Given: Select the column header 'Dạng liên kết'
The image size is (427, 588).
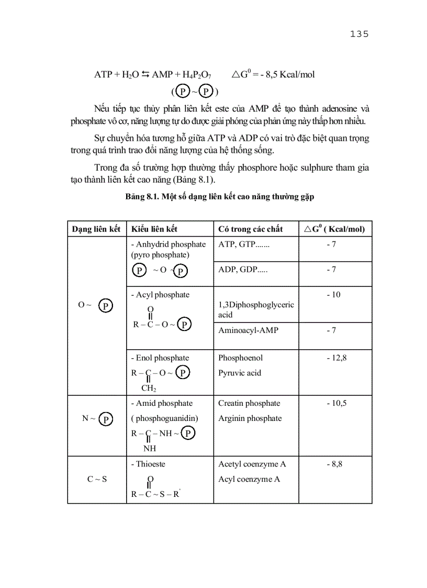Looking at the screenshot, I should coord(96,229).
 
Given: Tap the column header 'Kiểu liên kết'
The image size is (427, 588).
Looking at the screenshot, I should coord(154,229).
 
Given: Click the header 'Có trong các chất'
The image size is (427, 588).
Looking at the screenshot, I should coord(250,229).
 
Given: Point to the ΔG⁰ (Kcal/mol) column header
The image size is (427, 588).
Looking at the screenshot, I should coord(335,229).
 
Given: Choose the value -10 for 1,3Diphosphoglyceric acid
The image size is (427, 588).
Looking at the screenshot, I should coord(333,295).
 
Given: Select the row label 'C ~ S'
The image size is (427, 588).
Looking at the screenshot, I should coord(97,479).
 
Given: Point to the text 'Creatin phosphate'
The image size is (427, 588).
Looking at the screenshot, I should coord(249,403).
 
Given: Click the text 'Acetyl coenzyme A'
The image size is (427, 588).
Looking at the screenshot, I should coord(252,464).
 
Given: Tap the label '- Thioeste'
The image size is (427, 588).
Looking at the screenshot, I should coord(151,464).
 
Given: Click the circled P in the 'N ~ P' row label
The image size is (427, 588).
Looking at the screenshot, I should coord(106,419).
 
